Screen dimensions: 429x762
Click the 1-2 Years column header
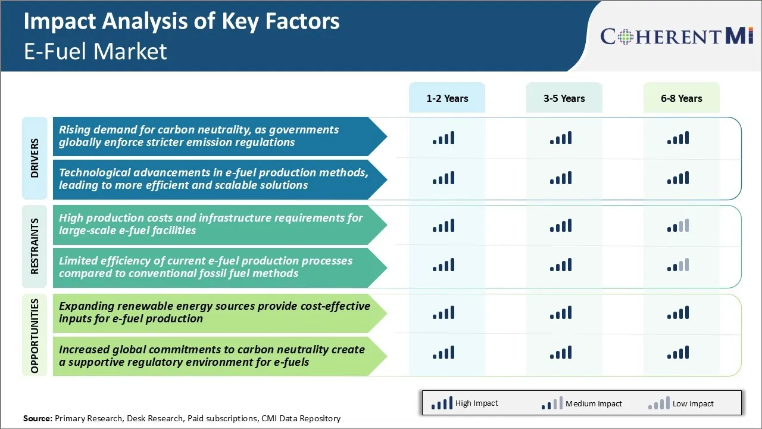point(446,98)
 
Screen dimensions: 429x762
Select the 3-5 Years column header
point(564,98)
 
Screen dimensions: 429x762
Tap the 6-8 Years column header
point(681,98)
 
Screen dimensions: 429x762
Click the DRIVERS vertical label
point(35,158)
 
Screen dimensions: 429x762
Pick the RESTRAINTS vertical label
point(35,246)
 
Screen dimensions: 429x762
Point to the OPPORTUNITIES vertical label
point(35,336)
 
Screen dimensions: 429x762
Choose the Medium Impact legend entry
point(581,403)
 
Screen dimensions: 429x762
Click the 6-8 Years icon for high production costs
point(678,225)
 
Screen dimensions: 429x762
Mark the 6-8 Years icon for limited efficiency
point(678,265)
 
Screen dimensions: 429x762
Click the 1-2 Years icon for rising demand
point(444,138)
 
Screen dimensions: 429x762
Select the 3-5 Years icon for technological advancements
point(561,178)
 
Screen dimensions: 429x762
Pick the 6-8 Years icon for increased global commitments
point(678,352)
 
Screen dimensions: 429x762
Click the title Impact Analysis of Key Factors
point(182,21)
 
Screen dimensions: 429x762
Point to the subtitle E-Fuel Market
point(95,51)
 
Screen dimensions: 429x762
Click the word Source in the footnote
point(37,418)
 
